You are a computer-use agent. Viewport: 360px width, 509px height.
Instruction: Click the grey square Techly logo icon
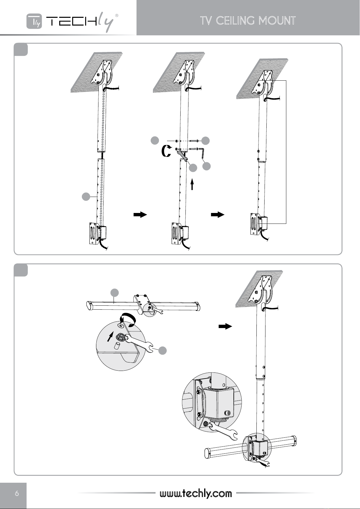(x=34, y=21)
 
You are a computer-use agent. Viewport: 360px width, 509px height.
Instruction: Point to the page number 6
(x=17, y=493)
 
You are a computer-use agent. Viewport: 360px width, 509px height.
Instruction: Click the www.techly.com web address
(x=196, y=493)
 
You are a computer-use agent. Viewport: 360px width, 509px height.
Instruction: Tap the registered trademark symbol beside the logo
(x=117, y=15)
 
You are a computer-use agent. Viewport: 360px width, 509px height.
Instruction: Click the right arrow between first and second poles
(x=140, y=214)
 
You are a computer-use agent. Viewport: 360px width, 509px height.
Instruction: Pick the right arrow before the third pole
(x=217, y=214)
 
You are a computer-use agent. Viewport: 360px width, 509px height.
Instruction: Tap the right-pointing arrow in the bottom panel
(x=225, y=327)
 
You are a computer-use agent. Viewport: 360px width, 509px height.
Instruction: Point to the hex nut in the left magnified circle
(x=121, y=336)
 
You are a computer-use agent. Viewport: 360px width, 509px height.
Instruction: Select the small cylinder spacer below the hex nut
(x=117, y=346)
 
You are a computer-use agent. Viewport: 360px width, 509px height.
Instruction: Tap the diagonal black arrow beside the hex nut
(x=110, y=336)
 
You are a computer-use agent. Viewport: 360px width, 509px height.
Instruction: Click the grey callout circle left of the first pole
(x=86, y=197)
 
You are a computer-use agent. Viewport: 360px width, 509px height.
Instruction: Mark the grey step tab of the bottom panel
(x=21, y=270)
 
